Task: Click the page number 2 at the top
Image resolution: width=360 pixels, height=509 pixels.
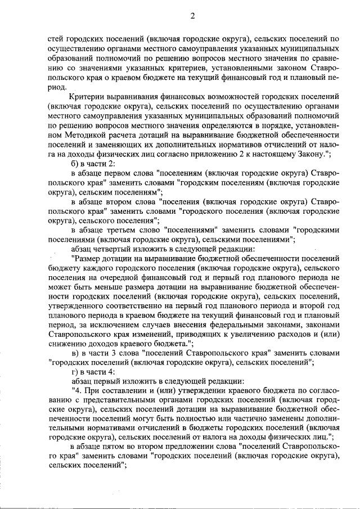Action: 192,15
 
